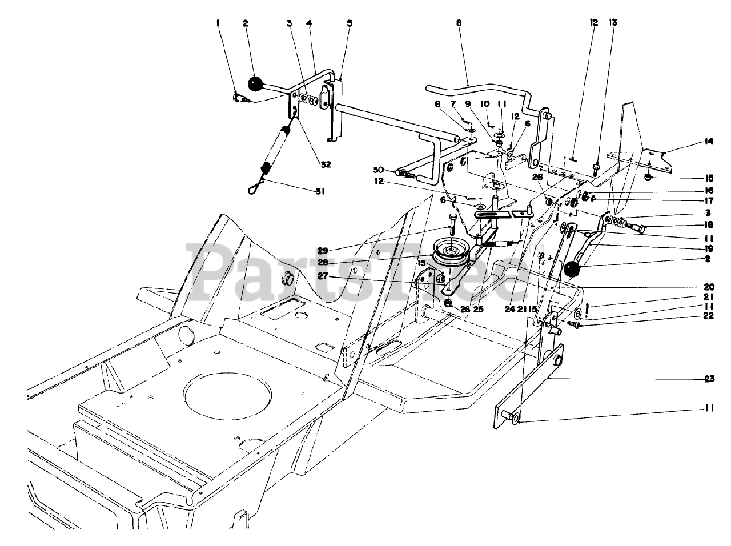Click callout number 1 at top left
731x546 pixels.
pyautogui.click(x=217, y=23)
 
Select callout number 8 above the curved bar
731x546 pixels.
pyautogui.click(x=459, y=23)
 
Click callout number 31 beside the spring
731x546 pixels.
pyautogui.click(x=320, y=192)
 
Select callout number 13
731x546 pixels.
pyautogui.click(x=613, y=23)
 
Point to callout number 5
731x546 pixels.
pyautogui.click(x=350, y=23)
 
